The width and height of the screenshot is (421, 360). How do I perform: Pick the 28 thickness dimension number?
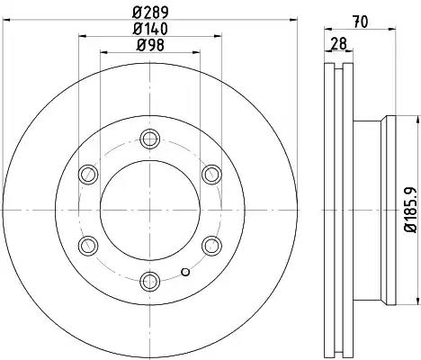[338, 44]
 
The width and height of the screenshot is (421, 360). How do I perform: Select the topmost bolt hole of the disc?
[149, 139]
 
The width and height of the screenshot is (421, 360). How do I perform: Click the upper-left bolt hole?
[88, 174]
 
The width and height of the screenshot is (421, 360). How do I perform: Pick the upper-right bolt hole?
[210, 174]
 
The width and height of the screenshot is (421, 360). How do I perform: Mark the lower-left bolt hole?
[88, 244]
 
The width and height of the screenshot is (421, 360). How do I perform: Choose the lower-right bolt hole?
[210, 244]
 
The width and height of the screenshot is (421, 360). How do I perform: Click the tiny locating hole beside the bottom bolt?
[185, 272]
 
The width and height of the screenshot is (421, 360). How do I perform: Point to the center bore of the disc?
[149, 209]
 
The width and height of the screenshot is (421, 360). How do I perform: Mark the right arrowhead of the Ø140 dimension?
[215, 37]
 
